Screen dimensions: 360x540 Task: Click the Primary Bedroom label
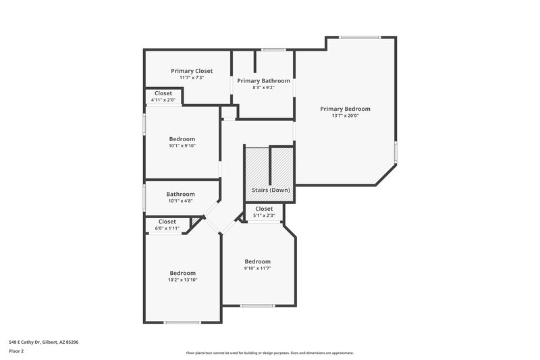pyautogui.click(x=345, y=109)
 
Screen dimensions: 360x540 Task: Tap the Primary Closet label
pyautogui.click(x=192, y=71)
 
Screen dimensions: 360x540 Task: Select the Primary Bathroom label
pyautogui.click(x=263, y=80)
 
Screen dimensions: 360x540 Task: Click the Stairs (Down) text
pyautogui.click(x=271, y=190)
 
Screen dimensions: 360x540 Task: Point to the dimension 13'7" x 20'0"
pyautogui.click(x=345, y=115)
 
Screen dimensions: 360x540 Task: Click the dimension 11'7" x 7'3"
pyautogui.click(x=192, y=78)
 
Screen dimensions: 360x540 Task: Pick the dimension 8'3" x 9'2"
pyautogui.click(x=263, y=87)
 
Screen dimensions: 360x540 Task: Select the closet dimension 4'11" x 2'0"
pyautogui.click(x=163, y=100)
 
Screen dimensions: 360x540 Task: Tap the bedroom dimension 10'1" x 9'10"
pyautogui.click(x=182, y=145)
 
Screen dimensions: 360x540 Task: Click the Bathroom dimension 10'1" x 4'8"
pyautogui.click(x=180, y=201)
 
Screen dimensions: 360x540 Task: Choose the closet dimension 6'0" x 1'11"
pyautogui.click(x=167, y=228)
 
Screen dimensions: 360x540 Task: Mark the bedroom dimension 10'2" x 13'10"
pyautogui.click(x=182, y=280)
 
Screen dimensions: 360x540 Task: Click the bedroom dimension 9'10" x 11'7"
pyautogui.click(x=257, y=268)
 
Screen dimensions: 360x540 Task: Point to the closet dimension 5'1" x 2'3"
pyautogui.click(x=264, y=215)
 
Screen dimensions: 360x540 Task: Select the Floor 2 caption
pyautogui.click(x=16, y=351)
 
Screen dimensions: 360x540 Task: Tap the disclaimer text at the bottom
pyautogui.click(x=269, y=353)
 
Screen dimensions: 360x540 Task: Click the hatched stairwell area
pyautogui.click(x=256, y=165)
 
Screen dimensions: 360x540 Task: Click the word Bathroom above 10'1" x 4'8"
pyautogui.click(x=180, y=194)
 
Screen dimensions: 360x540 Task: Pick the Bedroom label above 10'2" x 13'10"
pyautogui.click(x=182, y=273)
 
